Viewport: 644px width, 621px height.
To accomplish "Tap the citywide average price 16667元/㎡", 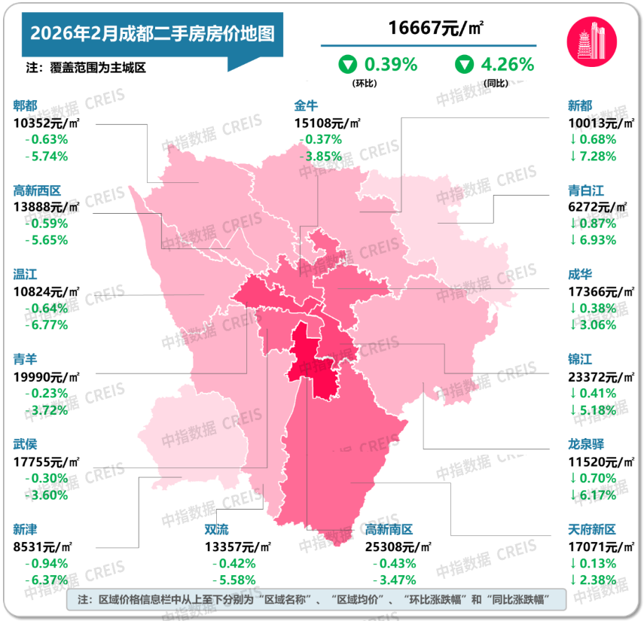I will pyautogui.click(x=436, y=29).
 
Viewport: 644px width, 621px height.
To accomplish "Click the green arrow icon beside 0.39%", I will pyautogui.click(x=348, y=65).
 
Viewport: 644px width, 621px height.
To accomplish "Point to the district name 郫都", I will pyautogui.click(x=26, y=105).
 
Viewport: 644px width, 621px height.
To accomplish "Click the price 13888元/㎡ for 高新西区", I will pyautogui.click(x=45, y=206).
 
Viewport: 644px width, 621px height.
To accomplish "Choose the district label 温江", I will pyautogui.click(x=26, y=275).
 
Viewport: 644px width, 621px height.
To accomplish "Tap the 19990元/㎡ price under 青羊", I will pyautogui.click(x=45, y=376).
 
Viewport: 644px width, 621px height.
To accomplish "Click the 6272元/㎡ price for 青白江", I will pyautogui.click(x=595, y=206).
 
